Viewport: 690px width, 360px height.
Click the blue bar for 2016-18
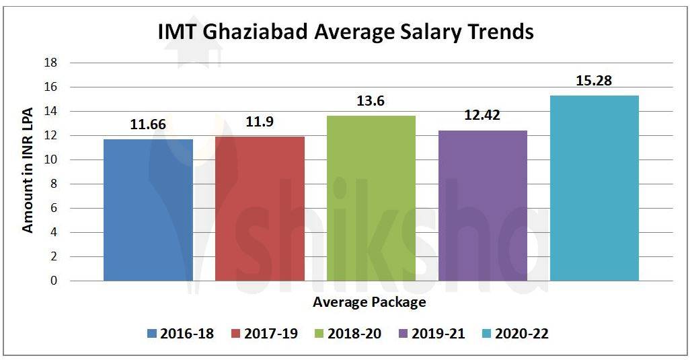(x=148, y=210)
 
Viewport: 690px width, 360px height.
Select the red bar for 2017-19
(x=260, y=209)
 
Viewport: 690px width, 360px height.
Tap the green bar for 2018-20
(x=371, y=199)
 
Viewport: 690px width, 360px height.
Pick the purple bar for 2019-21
(x=483, y=205)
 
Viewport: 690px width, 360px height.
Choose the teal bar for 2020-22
(x=595, y=188)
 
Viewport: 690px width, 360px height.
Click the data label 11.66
(x=148, y=125)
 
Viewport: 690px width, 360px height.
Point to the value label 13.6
(x=371, y=102)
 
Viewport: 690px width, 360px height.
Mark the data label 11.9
(x=260, y=122)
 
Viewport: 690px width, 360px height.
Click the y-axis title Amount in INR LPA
(x=28, y=172)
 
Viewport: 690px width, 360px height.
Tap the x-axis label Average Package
(x=369, y=302)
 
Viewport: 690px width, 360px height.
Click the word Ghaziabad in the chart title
(x=268, y=32)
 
